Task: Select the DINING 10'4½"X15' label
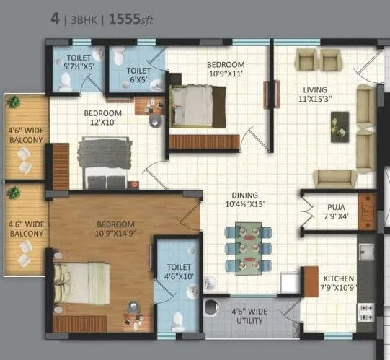248,200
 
